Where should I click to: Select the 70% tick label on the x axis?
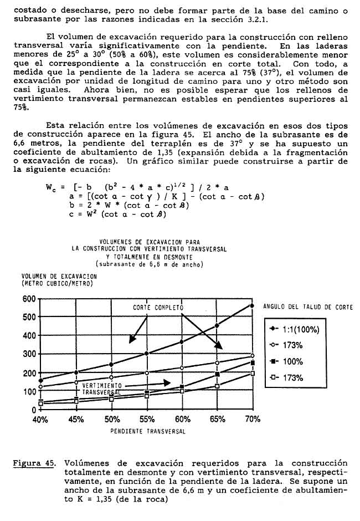point(252,420)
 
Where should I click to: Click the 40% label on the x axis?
point(40,420)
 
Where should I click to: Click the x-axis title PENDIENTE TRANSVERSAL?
point(147,430)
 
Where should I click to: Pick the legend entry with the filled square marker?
point(289,361)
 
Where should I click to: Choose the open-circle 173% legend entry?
point(289,345)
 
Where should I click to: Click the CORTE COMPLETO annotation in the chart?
point(158,307)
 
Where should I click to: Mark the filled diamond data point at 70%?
point(252,306)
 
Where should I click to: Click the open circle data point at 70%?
point(252,356)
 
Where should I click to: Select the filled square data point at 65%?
point(217,375)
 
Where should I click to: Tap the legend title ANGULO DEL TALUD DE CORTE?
point(307,306)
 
